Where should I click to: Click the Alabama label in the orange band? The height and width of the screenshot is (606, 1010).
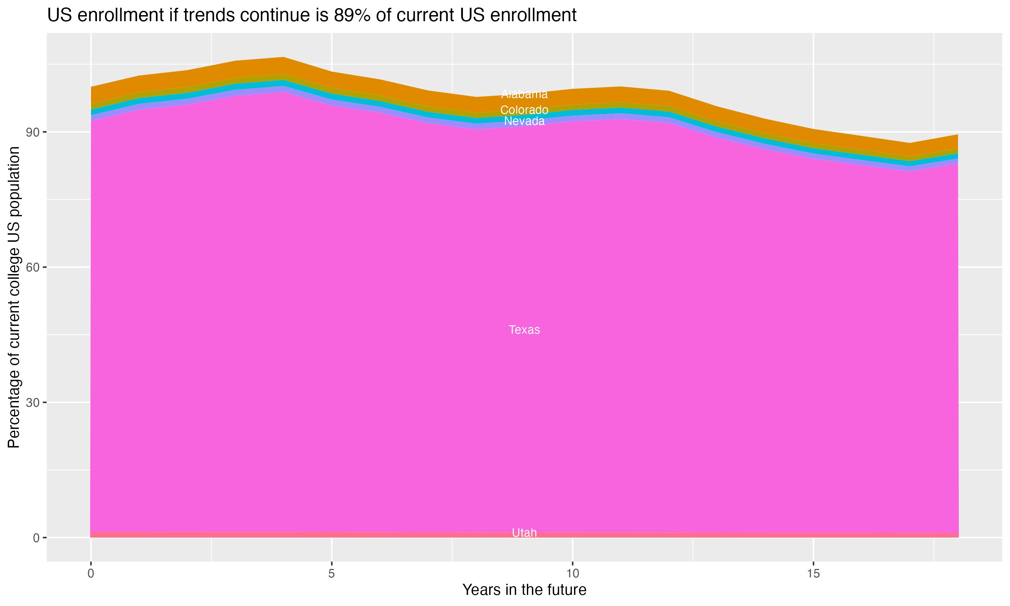524,94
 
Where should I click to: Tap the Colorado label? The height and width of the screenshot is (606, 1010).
524,110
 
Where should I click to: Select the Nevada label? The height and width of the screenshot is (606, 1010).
524,121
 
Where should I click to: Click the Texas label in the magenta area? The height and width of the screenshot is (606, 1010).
524,330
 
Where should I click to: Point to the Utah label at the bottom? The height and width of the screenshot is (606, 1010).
524,533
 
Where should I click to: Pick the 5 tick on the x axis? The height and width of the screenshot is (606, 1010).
332,574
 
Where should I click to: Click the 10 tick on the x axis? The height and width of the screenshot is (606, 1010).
572,574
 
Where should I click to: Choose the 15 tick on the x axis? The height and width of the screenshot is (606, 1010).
813,574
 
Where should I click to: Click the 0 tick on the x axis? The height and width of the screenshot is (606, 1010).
91,574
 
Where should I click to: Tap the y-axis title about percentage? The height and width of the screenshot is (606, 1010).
14,297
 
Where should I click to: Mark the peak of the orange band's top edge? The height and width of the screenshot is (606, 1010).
284,57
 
